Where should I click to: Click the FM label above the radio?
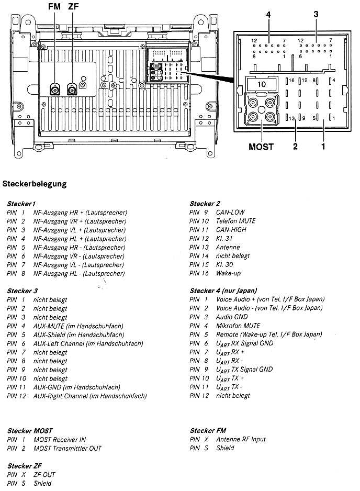54,6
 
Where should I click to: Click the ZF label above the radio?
74,6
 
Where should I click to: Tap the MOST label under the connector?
261,147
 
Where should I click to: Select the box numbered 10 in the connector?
262,84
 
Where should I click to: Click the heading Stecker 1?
21,204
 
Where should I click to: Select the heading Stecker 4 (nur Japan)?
223,291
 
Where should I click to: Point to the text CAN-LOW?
230,213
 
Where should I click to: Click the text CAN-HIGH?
231,230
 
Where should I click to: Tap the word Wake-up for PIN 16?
228,273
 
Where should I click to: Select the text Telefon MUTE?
236,221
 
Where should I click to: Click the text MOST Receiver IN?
60,440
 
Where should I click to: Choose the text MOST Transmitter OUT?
67,449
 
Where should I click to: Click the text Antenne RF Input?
241,440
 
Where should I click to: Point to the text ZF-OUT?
45,475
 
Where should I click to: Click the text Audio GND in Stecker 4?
232,317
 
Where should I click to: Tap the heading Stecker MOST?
30,431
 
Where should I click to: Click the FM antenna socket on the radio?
54,89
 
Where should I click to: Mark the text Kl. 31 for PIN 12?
224,239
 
